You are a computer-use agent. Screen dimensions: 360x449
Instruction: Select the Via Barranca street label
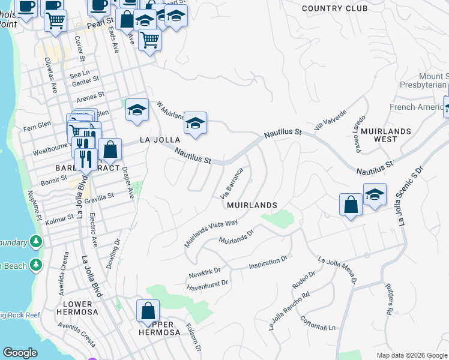tap(232, 184)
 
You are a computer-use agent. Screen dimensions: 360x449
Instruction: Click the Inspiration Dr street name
tap(269, 262)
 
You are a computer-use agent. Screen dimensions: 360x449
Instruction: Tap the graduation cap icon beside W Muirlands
tap(195, 124)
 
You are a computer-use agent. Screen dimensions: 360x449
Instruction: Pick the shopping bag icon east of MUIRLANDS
tap(351, 205)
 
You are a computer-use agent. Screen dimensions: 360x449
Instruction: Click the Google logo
tap(20, 353)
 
